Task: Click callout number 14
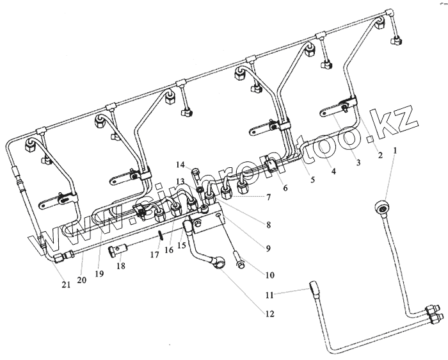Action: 180,165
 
